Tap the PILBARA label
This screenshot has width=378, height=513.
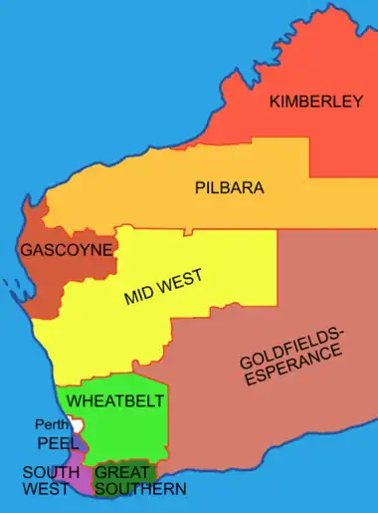[x=230, y=186]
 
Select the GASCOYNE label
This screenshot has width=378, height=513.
[x=65, y=251]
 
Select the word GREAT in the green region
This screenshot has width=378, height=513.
[x=120, y=472]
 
